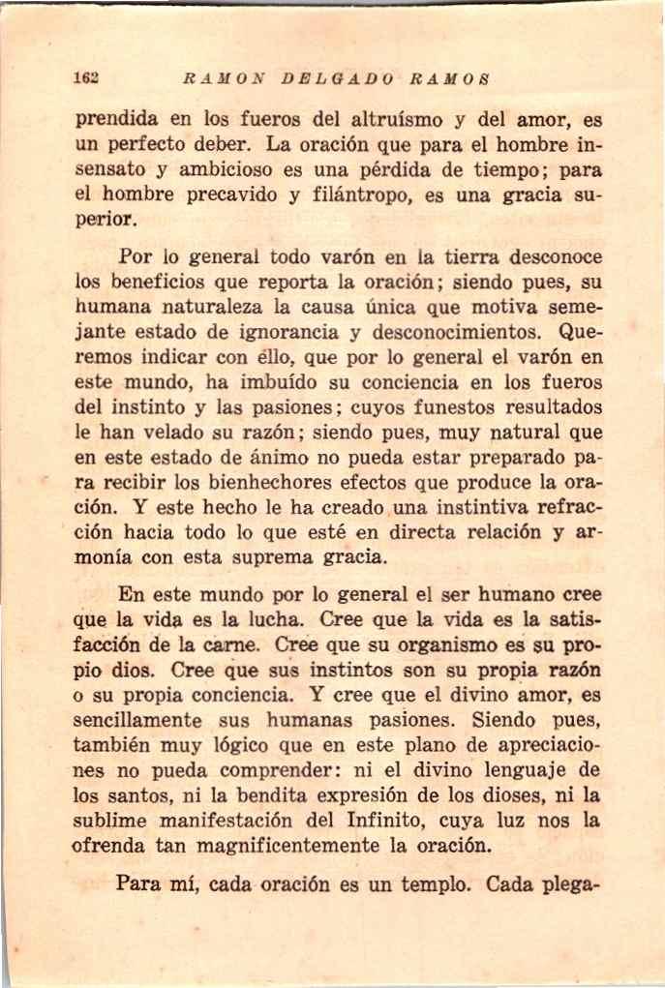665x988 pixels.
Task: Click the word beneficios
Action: click(x=163, y=284)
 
